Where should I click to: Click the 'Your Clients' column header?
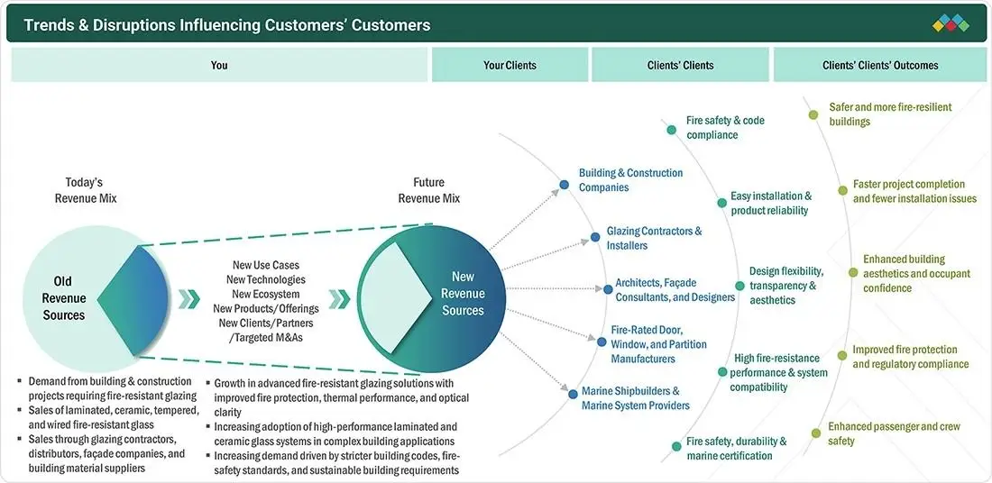(510, 65)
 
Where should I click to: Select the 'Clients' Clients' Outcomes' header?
(880, 65)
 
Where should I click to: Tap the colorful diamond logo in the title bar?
(951, 23)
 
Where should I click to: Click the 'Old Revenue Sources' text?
(63, 297)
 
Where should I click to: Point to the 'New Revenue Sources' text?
(463, 294)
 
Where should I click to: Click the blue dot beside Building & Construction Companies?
(564, 185)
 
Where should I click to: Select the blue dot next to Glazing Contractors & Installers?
(594, 237)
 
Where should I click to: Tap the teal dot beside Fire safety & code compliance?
(671, 130)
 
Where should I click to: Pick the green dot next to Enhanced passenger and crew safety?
(816, 433)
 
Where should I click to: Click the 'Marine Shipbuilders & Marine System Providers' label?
(635, 398)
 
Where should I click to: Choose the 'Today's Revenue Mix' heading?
(86, 190)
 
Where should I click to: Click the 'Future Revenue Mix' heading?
(429, 190)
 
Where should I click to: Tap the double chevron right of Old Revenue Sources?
(188, 299)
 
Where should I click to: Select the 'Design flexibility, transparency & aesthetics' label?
(786, 285)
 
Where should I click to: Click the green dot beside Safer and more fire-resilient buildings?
(813, 114)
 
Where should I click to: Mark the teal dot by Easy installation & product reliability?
(721, 203)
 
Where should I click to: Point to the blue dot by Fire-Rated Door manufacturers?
(602, 342)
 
